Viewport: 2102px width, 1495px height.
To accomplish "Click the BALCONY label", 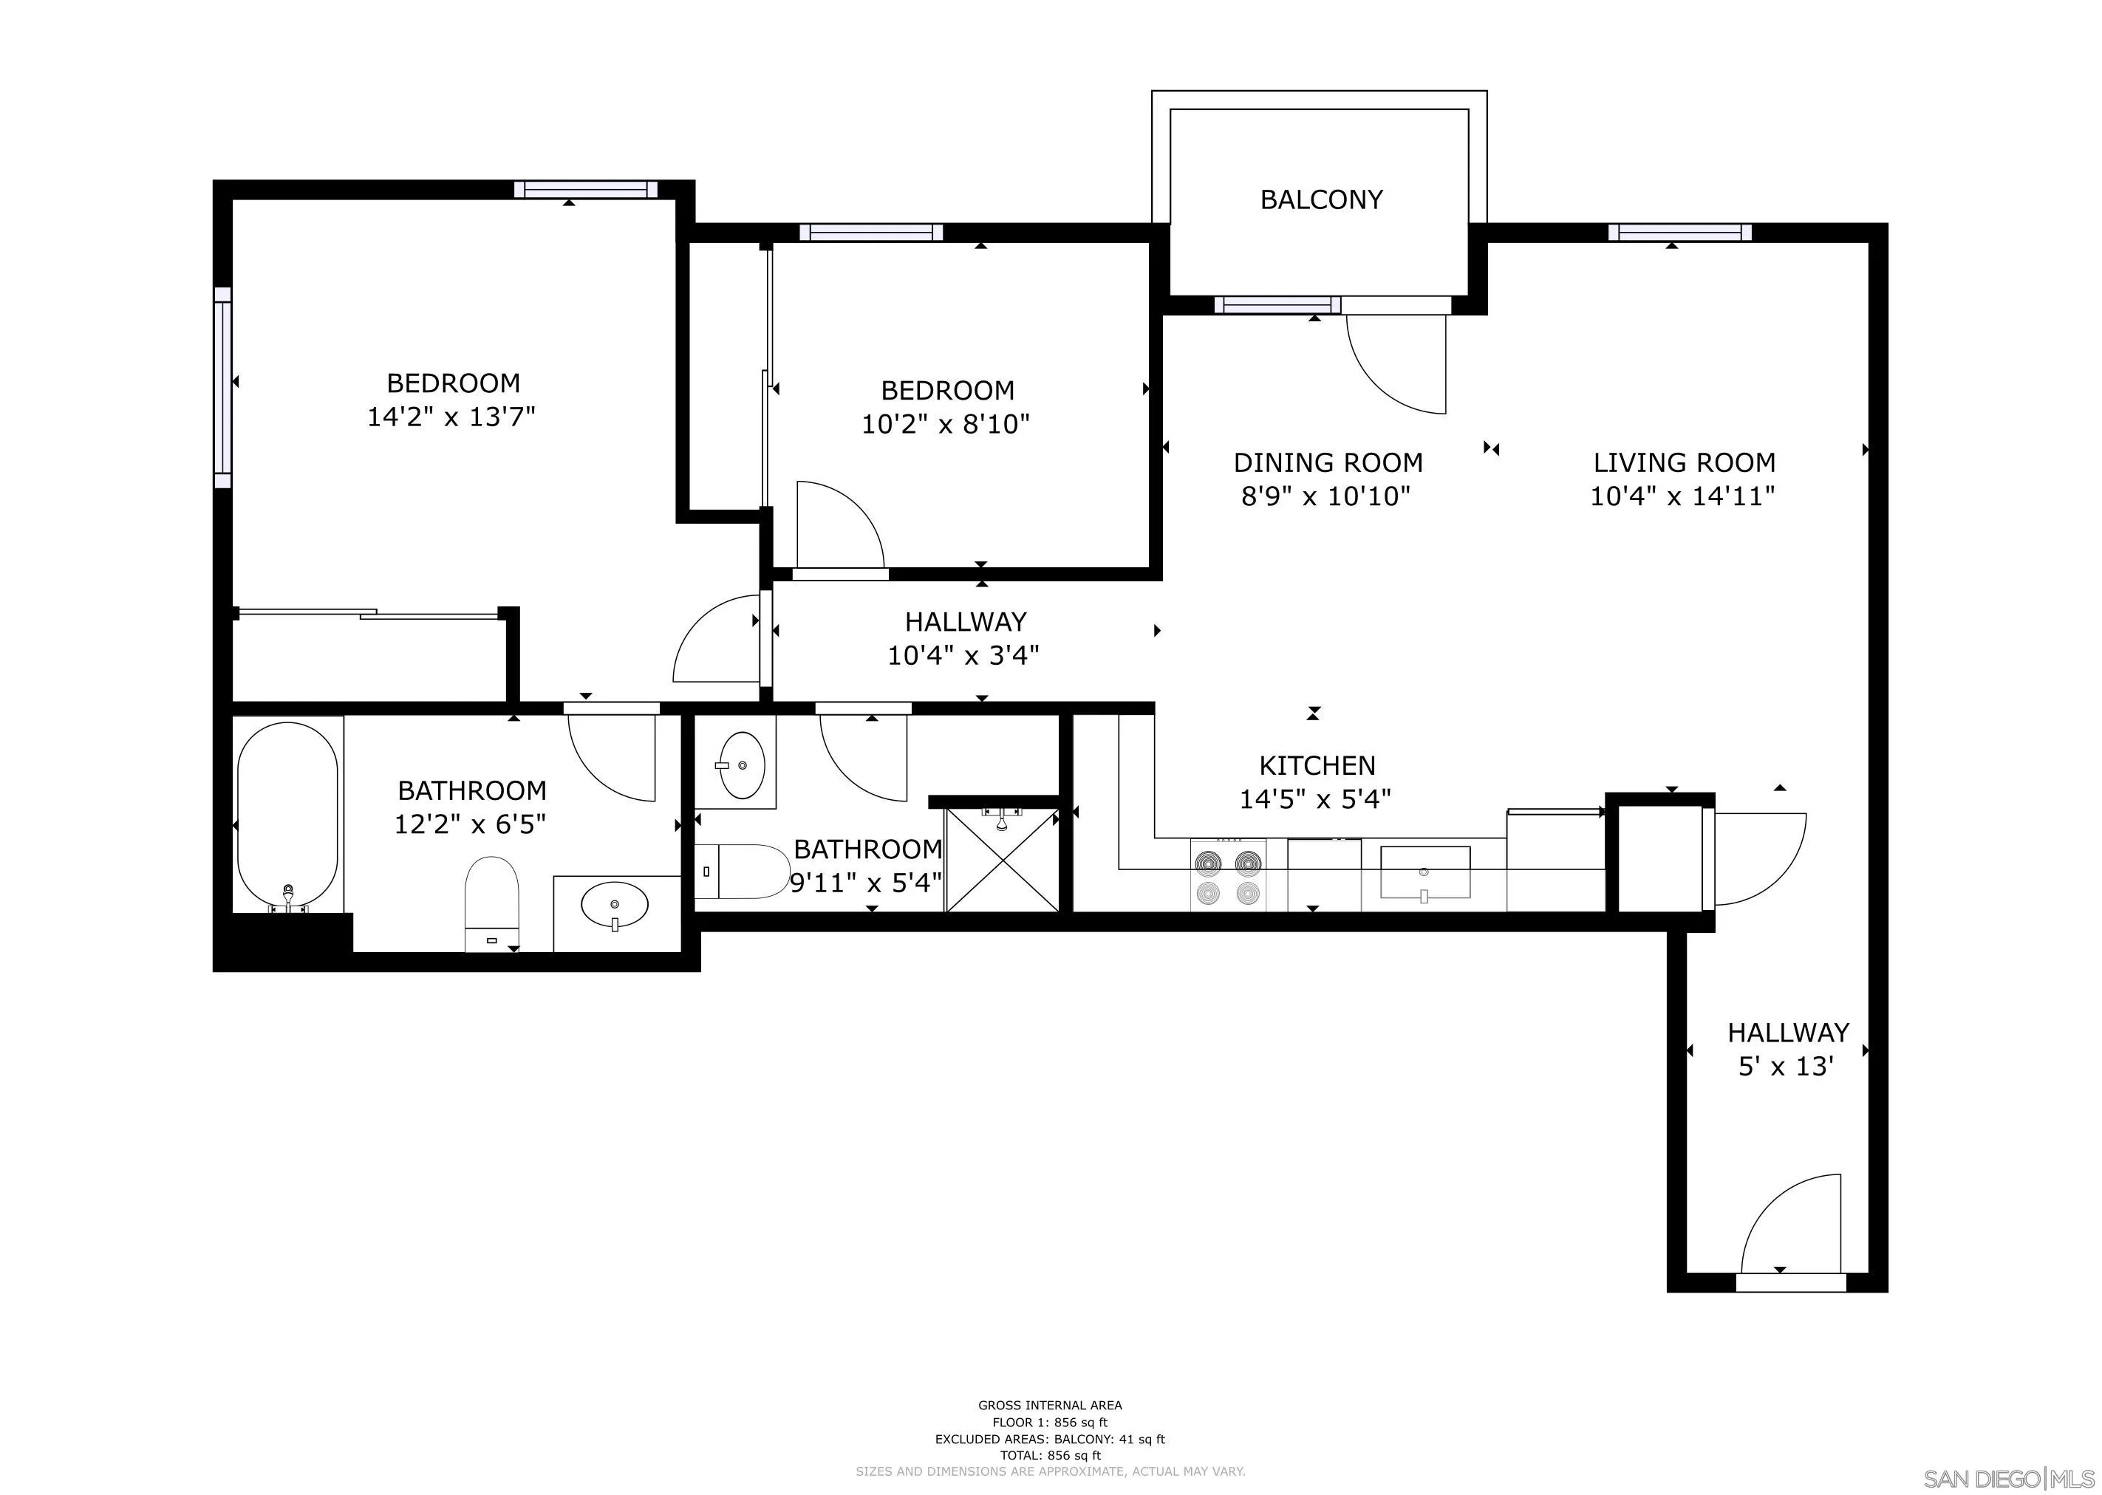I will (1320, 199).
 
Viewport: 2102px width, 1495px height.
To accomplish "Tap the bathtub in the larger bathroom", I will (287, 815).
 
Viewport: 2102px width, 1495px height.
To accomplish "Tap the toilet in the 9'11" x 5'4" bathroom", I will (741, 871).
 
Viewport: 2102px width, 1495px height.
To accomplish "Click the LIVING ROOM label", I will (1684, 462).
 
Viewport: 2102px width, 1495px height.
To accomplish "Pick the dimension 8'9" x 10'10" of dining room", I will (1325, 497).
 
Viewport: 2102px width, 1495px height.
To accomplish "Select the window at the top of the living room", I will (1679, 233).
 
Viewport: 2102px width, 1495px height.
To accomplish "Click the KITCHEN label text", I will (1317, 765).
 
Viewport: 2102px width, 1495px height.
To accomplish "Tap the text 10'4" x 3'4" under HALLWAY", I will (963, 655).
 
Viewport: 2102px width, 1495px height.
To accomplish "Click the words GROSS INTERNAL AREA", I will (1050, 1405).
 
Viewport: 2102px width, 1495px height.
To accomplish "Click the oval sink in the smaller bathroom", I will (742, 765).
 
